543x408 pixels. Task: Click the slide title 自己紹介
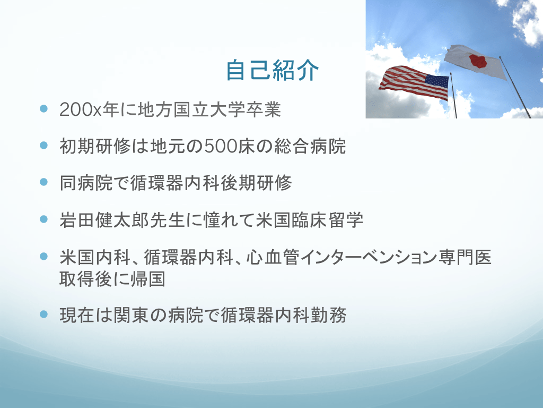[272, 71]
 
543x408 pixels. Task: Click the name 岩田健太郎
[104, 220]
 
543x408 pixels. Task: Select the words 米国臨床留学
[310, 220]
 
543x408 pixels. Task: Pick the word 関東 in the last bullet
[131, 316]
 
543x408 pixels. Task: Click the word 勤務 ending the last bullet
[328, 316]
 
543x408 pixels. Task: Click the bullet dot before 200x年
[43, 108]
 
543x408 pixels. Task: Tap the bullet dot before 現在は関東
[43, 314]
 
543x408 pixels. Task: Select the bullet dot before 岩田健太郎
[43, 219]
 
